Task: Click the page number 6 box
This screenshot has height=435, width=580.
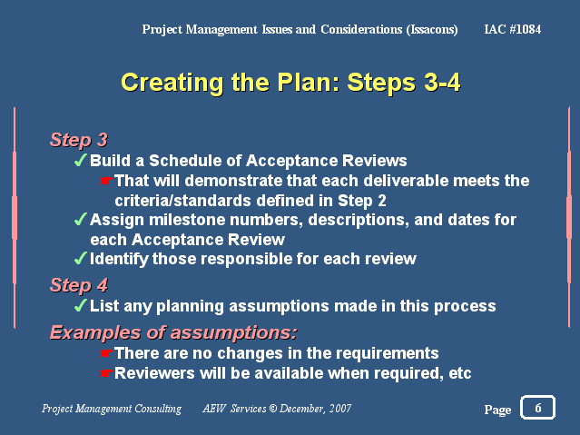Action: pyautogui.click(x=537, y=407)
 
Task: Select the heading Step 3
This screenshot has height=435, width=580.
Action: pyautogui.click(x=79, y=140)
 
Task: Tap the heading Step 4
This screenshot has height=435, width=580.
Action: pyautogui.click(x=79, y=285)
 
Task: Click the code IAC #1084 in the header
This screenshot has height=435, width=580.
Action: pyautogui.click(x=512, y=29)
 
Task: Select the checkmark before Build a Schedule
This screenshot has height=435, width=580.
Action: pyautogui.click(x=80, y=161)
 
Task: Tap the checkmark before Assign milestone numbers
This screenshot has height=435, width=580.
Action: pyautogui.click(x=80, y=219)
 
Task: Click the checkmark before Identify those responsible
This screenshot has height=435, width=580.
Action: pyautogui.click(x=80, y=258)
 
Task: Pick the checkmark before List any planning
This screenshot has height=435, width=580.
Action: pyautogui.click(x=80, y=305)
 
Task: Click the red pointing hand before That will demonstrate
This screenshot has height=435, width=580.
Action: pyautogui.click(x=105, y=181)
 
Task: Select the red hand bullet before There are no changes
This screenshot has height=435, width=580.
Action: pyautogui.click(x=105, y=353)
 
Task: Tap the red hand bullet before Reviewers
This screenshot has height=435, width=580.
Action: pyautogui.click(x=105, y=373)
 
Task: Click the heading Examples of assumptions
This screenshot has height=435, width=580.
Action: pyautogui.click(x=173, y=332)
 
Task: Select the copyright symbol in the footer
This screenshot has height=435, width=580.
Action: pyautogui.click(x=273, y=409)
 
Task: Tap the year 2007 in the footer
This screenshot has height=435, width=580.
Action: pyautogui.click(x=340, y=409)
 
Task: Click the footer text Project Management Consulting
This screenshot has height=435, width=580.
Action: pyautogui.click(x=112, y=409)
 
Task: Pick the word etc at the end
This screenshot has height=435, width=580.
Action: pyautogui.click(x=460, y=373)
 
